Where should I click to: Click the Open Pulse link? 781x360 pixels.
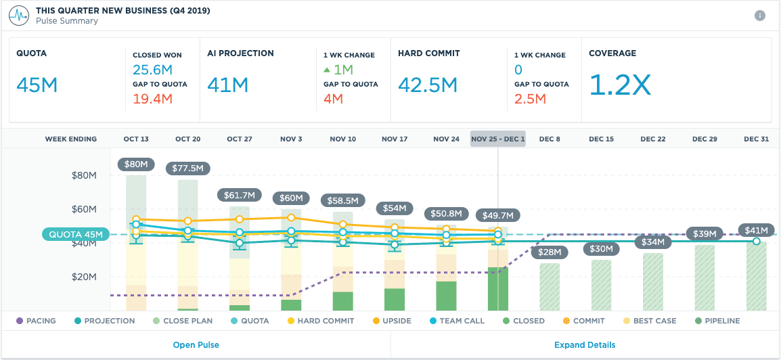pos(196,344)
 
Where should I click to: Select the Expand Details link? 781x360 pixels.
pos(585,344)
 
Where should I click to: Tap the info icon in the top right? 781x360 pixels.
pos(759,16)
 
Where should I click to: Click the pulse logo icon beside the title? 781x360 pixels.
pos(19,15)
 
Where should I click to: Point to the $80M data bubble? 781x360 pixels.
pos(136,164)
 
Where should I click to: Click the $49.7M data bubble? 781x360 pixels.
pos(497,215)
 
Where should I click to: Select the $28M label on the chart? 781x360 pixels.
pos(549,252)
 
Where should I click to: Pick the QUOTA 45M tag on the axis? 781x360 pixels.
pos(75,235)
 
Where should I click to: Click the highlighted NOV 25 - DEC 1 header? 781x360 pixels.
pos(497,139)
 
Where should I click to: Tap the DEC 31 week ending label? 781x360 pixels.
pos(756,139)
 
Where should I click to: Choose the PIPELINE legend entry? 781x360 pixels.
pos(717,321)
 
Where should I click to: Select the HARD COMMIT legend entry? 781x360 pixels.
pos(320,321)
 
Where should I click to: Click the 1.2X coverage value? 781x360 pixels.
pos(620,85)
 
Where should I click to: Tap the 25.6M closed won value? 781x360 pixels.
pos(152,69)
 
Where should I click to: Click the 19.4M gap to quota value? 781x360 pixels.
pos(152,99)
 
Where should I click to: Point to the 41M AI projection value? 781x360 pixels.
pos(228,85)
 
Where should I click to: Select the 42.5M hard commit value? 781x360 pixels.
pos(428,85)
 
